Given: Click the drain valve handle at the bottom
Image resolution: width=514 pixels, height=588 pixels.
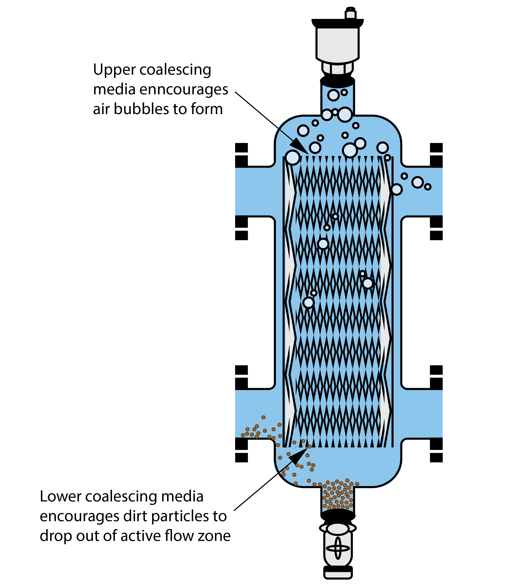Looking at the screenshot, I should tap(338, 548).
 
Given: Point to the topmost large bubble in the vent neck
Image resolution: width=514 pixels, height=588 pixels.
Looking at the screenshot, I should tap(334, 95).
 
